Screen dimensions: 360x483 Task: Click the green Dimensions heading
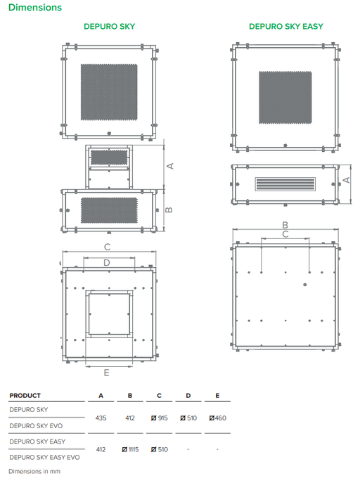click(x=35, y=8)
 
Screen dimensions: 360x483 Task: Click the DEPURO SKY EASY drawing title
click(x=286, y=27)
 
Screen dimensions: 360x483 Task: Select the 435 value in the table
click(x=101, y=418)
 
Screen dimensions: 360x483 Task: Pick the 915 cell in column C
click(x=159, y=418)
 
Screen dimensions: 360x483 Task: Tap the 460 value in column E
click(x=217, y=418)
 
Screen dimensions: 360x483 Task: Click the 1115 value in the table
click(x=130, y=449)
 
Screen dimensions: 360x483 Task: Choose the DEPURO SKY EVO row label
click(x=36, y=426)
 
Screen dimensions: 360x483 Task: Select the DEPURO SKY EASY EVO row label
click(x=45, y=457)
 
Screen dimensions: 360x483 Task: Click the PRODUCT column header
click(x=25, y=396)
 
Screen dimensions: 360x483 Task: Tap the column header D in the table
click(x=188, y=396)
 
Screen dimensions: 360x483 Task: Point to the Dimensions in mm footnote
click(x=34, y=471)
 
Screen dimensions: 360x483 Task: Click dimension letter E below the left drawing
click(x=107, y=373)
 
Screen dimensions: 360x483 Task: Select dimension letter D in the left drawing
click(x=107, y=263)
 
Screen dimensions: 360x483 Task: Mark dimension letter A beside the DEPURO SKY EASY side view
click(x=347, y=180)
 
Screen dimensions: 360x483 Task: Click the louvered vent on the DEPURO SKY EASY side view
click(x=285, y=184)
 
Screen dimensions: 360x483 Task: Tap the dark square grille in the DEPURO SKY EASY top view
click(x=285, y=97)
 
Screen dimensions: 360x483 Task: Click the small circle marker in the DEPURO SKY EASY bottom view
click(x=305, y=285)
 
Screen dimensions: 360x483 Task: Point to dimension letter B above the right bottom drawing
click(x=285, y=225)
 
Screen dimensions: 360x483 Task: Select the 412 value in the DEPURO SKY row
click(x=130, y=418)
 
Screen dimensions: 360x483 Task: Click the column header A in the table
click(x=101, y=396)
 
